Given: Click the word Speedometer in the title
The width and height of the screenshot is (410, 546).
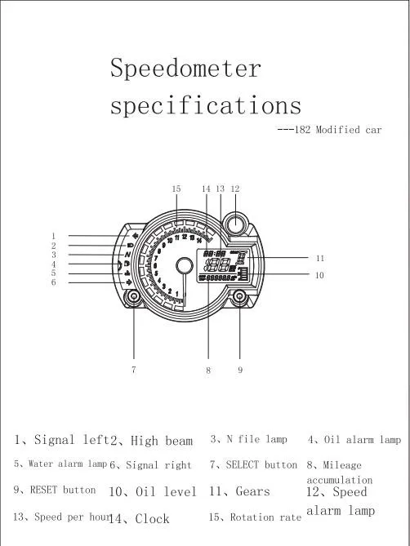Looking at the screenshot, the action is pos(185,68).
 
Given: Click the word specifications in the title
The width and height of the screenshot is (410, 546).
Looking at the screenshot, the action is pos(206,104).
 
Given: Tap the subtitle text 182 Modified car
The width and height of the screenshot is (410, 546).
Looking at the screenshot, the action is pos(338,130).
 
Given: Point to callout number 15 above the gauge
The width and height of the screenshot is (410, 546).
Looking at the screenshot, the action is pos(176,189).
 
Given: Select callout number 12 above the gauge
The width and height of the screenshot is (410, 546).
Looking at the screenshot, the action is pos(235,189).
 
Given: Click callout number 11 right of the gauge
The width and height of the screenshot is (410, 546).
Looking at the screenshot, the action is pos(320,259).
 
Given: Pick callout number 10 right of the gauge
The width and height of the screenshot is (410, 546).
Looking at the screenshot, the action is pos(320,275).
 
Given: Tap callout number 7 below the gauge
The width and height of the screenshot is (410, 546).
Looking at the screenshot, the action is pos(134,370).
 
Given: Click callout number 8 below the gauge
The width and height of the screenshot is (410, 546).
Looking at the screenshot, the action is pos(208,371).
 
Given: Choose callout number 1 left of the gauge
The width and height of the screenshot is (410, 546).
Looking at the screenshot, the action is pos(53,236).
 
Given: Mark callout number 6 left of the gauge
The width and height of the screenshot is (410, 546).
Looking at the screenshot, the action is pos(54,282).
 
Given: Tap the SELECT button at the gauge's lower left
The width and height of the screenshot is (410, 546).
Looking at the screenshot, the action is pos(134,297).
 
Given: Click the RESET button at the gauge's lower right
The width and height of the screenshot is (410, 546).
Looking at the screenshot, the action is pos(239,297).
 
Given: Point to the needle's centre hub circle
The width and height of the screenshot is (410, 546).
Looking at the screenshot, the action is pos(185,266).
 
